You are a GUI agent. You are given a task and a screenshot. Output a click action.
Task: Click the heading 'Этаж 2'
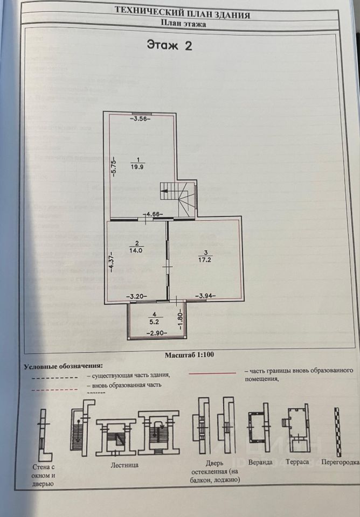coord(169,45)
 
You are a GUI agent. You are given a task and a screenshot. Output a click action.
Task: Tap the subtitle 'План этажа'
coord(183,23)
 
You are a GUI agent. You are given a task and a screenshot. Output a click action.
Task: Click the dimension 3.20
coord(137,296)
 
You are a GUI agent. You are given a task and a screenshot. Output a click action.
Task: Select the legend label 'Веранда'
coord(260,462)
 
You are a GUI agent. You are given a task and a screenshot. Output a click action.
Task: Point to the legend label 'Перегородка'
coord(339,462)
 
